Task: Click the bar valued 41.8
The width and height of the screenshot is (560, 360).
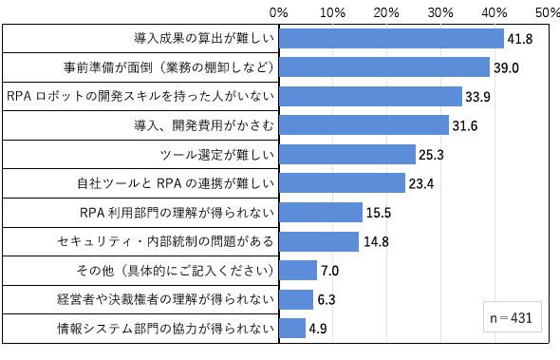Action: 391,39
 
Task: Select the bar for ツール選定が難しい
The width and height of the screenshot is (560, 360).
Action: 347,155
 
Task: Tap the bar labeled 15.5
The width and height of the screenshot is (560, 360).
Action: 321,213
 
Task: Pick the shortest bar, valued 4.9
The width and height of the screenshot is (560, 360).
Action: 292,329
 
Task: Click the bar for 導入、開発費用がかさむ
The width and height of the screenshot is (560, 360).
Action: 364,125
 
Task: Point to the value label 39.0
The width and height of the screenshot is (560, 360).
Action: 506,67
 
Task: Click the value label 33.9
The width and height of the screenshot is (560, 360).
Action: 477,97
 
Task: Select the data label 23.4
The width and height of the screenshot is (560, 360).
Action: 421,183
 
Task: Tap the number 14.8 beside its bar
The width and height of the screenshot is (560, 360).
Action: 377,241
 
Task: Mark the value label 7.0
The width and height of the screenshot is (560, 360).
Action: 329,271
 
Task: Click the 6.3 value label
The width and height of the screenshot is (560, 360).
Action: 327,299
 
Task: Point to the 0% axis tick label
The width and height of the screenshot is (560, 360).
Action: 278,13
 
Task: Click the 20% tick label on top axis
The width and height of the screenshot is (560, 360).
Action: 386,13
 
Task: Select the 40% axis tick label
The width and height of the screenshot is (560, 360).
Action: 495,13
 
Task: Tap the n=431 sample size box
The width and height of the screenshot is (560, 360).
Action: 513,317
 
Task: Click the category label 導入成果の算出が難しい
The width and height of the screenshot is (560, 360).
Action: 204,38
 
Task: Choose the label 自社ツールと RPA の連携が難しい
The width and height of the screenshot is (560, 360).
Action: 176,183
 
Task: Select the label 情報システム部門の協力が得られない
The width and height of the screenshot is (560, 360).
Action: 166,329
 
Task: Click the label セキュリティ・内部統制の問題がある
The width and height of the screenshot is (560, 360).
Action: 166,241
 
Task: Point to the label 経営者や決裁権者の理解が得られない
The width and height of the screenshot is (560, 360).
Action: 166,299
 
